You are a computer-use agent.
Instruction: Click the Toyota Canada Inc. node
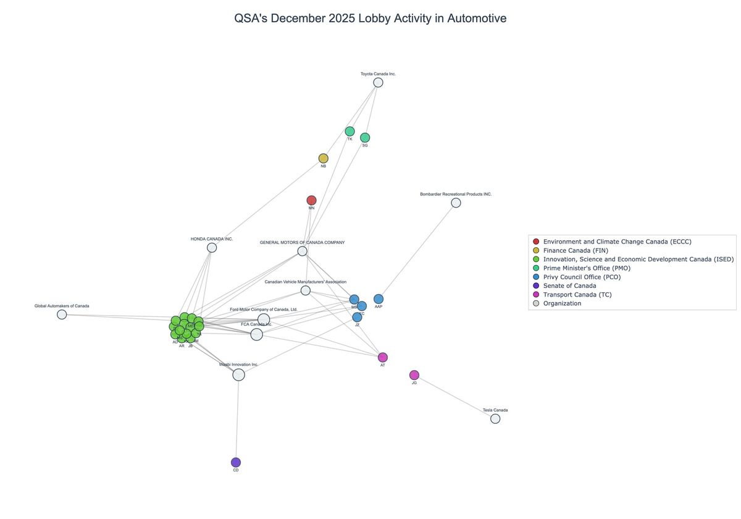(378, 82)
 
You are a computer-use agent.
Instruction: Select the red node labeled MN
(311, 200)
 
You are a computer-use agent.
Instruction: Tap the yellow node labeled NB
(323, 158)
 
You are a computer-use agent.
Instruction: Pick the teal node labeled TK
(350, 131)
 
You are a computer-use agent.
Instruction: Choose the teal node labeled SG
(365, 137)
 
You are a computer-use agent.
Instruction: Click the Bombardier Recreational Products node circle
(456, 203)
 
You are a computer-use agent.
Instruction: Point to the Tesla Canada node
(495, 418)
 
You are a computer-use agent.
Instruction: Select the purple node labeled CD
(236, 462)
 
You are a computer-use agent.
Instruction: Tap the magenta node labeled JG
(414, 375)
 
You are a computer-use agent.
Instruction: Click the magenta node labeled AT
(383, 357)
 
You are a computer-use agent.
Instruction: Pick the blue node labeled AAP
(379, 299)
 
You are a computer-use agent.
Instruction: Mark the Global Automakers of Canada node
(62, 314)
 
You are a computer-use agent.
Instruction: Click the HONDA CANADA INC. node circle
(212, 247)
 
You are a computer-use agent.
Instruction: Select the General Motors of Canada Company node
(302, 251)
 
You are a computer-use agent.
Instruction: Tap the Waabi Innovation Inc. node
(238, 374)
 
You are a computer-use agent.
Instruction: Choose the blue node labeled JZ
(357, 317)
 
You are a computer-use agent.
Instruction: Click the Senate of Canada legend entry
(569, 285)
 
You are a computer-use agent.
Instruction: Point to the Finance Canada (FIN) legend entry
(576, 250)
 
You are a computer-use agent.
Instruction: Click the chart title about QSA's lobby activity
(371, 19)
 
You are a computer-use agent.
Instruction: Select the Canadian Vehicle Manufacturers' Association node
(306, 290)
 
